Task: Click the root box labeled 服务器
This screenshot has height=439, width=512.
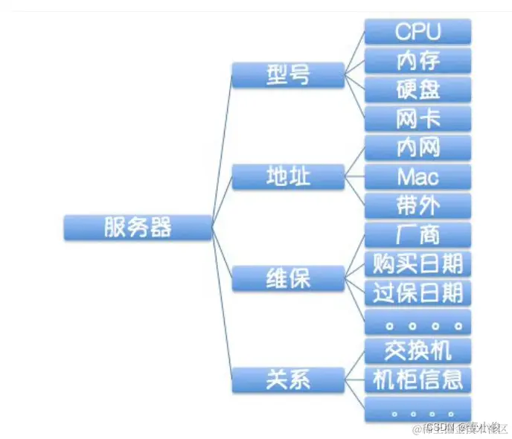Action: click(138, 227)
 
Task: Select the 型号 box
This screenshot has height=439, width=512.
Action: click(287, 74)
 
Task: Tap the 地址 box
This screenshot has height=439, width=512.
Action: click(287, 176)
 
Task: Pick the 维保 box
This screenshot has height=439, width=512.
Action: click(287, 278)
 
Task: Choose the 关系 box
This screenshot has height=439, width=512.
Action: click(287, 379)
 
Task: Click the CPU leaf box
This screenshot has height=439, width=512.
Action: click(417, 31)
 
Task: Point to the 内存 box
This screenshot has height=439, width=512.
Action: click(417, 60)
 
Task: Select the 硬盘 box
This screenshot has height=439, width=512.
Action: click(417, 89)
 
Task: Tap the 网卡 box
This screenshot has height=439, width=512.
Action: click(417, 118)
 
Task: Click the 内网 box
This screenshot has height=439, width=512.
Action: click(417, 147)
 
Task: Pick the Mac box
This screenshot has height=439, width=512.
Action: click(417, 176)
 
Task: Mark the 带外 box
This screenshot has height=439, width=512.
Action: click(417, 205)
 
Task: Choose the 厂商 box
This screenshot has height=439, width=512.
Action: click(417, 234)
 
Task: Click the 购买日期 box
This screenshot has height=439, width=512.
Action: click(417, 263)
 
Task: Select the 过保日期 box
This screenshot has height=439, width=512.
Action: click(417, 292)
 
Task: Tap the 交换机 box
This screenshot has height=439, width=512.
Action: click(417, 350)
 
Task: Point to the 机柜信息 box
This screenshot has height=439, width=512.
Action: click(417, 379)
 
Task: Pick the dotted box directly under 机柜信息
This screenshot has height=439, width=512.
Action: click(417, 408)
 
